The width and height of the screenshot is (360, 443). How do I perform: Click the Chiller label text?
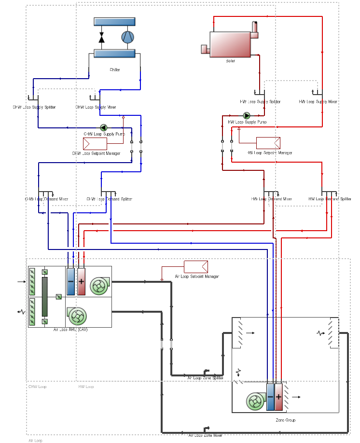tap(114, 70)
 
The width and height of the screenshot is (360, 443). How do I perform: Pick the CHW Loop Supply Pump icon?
tap(103, 127)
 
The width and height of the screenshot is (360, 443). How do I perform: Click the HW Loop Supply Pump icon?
tap(247, 116)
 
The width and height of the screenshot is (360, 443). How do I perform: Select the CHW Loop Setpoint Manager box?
tap(95, 144)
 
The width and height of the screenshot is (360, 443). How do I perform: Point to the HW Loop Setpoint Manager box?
tap(268, 143)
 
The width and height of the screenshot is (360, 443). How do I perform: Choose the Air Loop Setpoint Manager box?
tap(195, 266)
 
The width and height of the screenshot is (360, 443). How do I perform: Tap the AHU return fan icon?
tap(77, 316)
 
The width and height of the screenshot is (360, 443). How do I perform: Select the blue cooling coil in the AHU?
tap(71, 281)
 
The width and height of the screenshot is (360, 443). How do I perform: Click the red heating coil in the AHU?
tap(81, 281)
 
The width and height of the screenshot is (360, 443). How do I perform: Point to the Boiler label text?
tap(230, 61)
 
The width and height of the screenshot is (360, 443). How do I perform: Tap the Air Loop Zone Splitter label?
tap(205, 378)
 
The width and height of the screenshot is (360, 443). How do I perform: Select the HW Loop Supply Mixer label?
tap(318, 102)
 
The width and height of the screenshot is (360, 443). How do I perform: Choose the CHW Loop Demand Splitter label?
tap(109, 199)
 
